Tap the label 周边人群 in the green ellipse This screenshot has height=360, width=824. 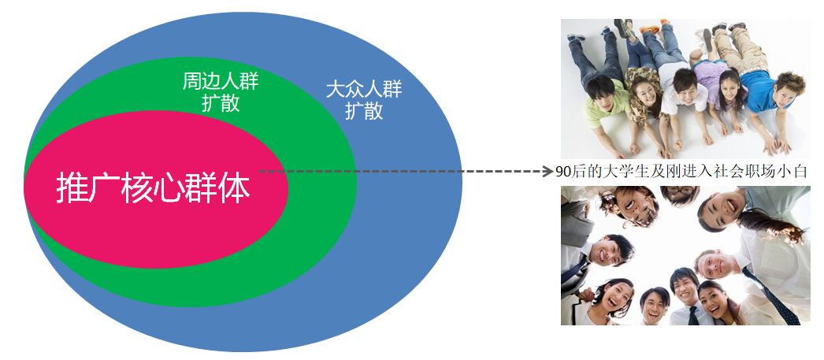221,81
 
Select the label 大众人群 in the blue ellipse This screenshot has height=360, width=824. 364,89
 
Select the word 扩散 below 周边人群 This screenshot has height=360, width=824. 221,103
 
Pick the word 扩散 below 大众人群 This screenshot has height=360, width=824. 364,110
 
